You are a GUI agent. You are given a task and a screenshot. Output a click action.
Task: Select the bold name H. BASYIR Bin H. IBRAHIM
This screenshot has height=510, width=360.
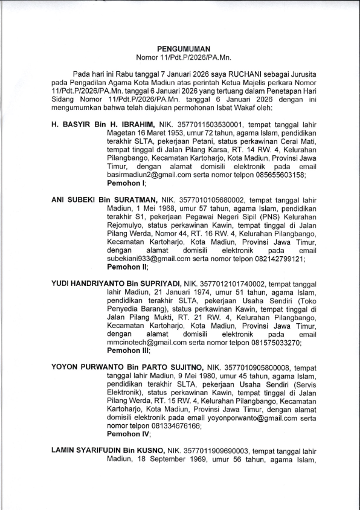click(98, 123)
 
